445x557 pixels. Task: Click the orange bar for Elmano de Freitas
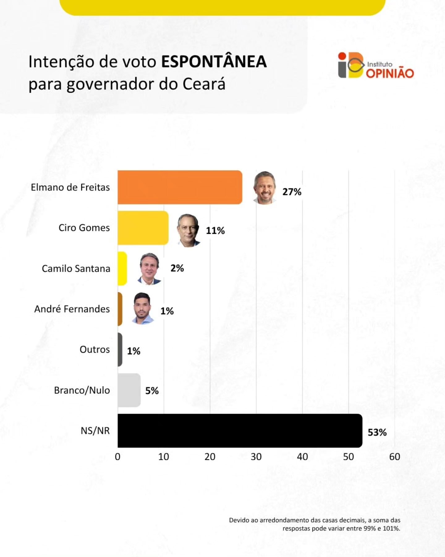pyautogui.click(x=180, y=187)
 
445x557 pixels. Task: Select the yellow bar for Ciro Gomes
pyautogui.click(x=143, y=228)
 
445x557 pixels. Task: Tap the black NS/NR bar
pyautogui.click(x=239, y=430)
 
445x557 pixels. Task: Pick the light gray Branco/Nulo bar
pyautogui.click(x=129, y=390)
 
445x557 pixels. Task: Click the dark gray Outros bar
pyautogui.click(x=120, y=349)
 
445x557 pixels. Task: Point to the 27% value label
pyautogui.click(x=292, y=192)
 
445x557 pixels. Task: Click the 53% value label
pyautogui.click(x=377, y=432)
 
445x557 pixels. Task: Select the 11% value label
pyautogui.click(x=215, y=231)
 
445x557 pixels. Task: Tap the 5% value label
pyautogui.click(x=152, y=391)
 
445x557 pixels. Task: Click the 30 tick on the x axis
pyautogui.click(x=256, y=457)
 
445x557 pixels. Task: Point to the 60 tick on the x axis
pyautogui.click(x=395, y=457)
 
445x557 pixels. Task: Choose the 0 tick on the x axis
pyautogui.click(x=117, y=457)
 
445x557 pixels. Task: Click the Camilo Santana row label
pyautogui.click(x=76, y=268)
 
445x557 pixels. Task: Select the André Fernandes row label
pyautogui.click(x=72, y=309)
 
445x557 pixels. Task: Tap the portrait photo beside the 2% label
pyautogui.click(x=150, y=268)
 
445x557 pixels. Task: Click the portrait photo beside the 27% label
pyautogui.click(x=265, y=188)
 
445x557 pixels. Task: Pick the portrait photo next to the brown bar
pyautogui.click(x=142, y=308)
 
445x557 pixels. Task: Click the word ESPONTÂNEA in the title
pyautogui.click(x=214, y=61)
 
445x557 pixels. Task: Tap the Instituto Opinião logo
pyautogui.click(x=376, y=65)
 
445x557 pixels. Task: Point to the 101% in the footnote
pyautogui.click(x=391, y=528)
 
